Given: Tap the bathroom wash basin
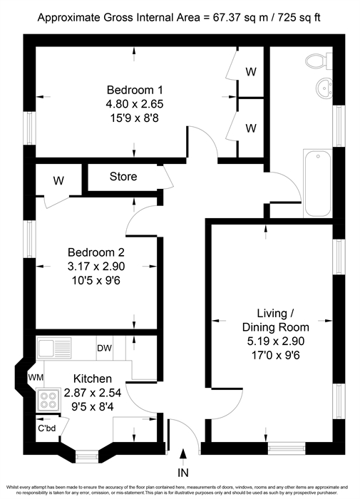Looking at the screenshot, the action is (324, 88).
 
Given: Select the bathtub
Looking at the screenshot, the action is (318, 184).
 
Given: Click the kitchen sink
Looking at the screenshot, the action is (54, 348).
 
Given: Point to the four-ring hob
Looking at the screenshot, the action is (48, 400).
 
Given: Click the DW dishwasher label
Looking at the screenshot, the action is (104, 348).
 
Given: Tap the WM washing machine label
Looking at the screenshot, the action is (36, 378).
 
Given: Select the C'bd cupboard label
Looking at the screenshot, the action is (47, 428).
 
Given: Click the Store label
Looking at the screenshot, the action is (123, 176).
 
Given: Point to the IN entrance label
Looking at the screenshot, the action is (183, 473).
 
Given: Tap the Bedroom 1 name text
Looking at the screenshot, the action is (135, 90).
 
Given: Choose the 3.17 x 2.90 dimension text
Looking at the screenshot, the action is (96, 267).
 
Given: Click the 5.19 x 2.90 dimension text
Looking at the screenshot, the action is (276, 341).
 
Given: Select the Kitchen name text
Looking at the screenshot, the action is (93, 379).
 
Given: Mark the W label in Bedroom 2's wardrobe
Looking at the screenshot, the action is (58, 181).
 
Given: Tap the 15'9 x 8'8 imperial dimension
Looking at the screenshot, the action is (135, 118).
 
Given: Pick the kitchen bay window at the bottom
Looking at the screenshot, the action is (87, 456).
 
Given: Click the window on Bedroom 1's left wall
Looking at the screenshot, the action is (29, 128).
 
